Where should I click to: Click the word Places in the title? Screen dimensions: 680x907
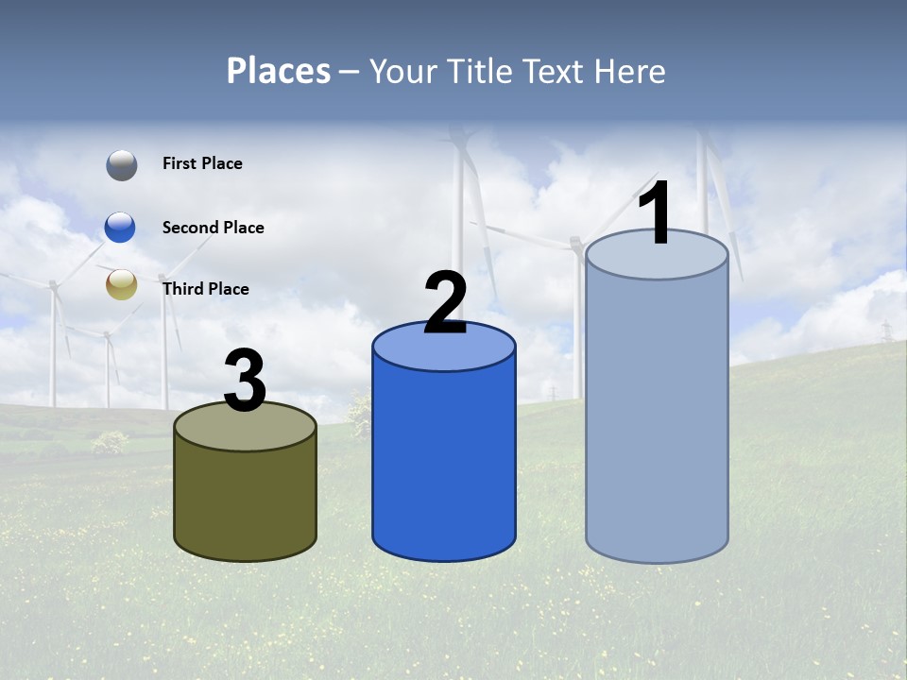pyautogui.click(x=279, y=71)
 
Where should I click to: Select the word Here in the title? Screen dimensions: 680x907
pyautogui.click(x=630, y=71)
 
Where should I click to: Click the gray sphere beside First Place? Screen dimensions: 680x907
pyautogui.click(x=121, y=165)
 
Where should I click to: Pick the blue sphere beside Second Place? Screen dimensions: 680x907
pyautogui.click(x=121, y=228)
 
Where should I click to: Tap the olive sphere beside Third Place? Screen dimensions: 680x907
pyautogui.click(x=121, y=284)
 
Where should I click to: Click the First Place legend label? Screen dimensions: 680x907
pyautogui.click(x=202, y=163)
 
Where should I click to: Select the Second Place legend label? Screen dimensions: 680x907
pyautogui.click(x=213, y=228)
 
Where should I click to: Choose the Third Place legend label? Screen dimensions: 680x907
pyautogui.click(x=205, y=289)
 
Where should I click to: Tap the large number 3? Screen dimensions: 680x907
pyautogui.click(x=245, y=382)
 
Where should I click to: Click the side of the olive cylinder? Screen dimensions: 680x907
pyautogui.click(x=245, y=501)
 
